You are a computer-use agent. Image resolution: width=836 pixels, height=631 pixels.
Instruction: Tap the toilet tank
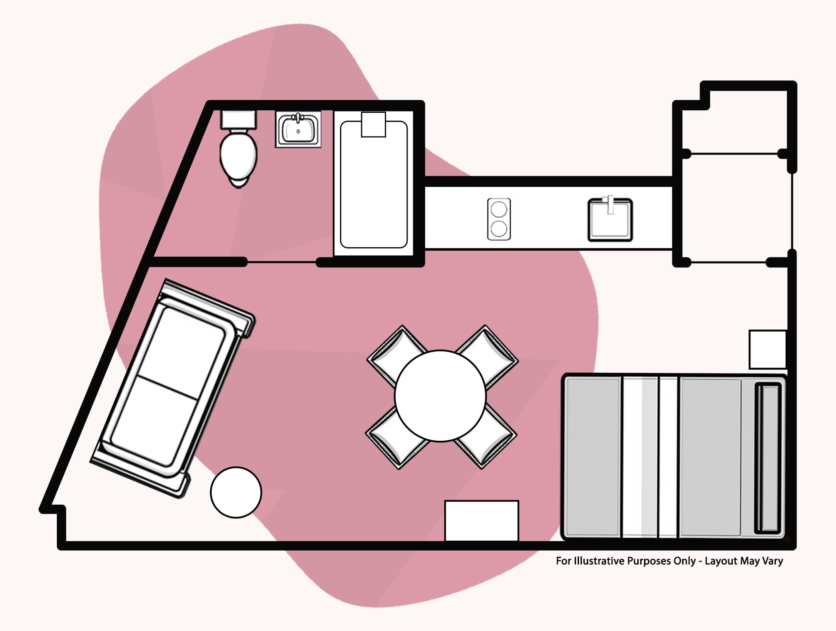(x=238, y=119)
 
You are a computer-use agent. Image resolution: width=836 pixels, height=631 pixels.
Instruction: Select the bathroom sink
(x=298, y=129)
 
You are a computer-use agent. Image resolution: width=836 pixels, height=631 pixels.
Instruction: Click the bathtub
(x=374, y=191)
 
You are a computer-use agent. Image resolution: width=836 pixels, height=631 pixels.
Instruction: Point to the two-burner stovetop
(x=499, y=219)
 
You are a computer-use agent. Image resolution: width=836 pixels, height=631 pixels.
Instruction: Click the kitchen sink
(x=610, y=221)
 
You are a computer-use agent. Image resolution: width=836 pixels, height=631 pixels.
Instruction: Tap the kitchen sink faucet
(x=610, y=204)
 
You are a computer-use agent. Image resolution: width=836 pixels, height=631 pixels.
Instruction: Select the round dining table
(x=440, y=396)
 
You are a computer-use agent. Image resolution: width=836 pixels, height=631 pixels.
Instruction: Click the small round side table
(x=236, y=493)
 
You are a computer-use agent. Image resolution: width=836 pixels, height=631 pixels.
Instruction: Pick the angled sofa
(x=172, y=388)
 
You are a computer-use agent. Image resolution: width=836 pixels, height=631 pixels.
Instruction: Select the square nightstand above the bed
(x=768, y=349)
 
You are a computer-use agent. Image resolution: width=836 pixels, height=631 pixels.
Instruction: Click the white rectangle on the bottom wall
(x=481, y=521)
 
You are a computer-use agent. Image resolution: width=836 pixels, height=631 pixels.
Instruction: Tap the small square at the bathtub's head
(x=373, y=124)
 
